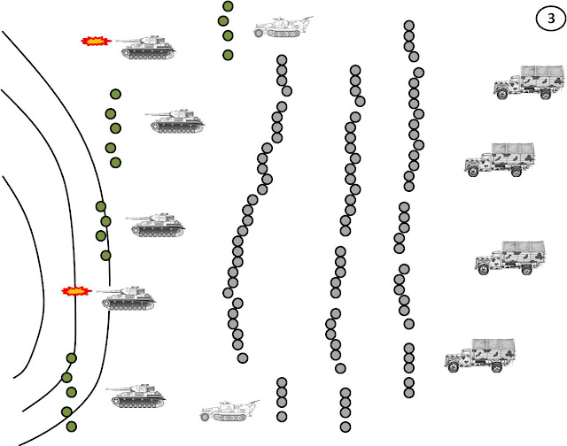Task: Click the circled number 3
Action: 551,18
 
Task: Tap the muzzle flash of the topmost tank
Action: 97,42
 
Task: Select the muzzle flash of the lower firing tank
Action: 77,291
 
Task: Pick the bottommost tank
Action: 136,396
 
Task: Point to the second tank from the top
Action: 175,121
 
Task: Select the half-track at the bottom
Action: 229,411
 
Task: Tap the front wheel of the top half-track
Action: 259,34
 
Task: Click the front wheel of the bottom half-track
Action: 205,417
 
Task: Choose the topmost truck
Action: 529,82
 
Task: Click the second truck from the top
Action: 500,159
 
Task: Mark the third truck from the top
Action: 510,258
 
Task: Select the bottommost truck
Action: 480,356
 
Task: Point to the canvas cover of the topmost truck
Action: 542,77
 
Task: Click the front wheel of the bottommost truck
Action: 454,367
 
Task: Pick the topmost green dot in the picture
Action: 228,6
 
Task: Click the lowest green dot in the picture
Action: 72,427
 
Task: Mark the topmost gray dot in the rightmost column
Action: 409,26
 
